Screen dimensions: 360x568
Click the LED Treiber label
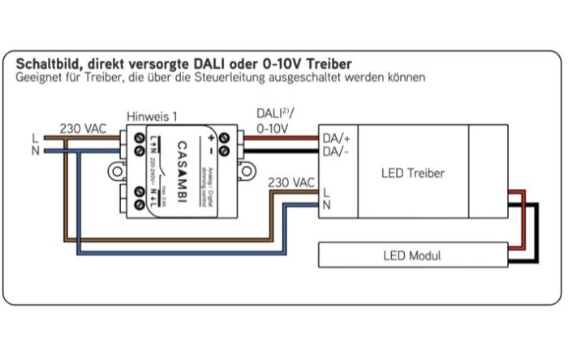click(412, 173)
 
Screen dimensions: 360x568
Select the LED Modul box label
click(411, 255)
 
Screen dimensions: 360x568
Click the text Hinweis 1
click(153, 116)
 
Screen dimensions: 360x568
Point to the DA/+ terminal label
click(336, 139)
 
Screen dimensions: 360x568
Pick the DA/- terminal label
click(335, 151)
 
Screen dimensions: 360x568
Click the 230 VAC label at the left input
click(83, 128)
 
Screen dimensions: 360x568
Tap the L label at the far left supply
click(33, 138)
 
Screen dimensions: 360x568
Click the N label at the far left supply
click(33, 150)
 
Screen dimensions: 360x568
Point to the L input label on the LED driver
click(325, 193)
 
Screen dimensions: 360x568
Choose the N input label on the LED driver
click(326, 206)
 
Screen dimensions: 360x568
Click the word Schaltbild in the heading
click(46, 62)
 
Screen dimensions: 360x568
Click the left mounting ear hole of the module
click(112, 172)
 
